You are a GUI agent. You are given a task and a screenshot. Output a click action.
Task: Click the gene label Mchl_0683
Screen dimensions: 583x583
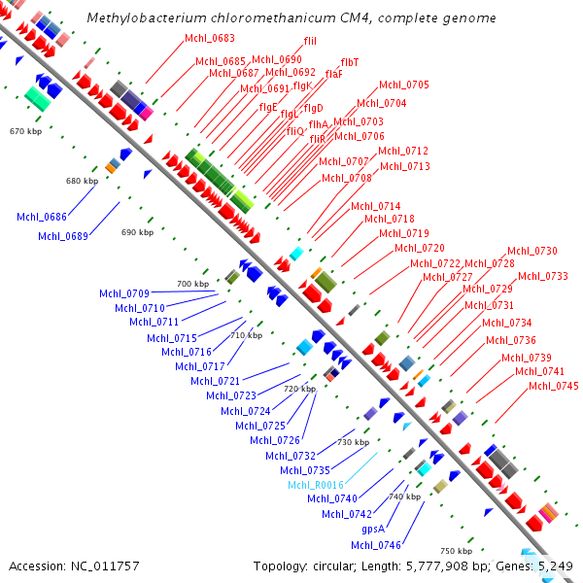[209, 38]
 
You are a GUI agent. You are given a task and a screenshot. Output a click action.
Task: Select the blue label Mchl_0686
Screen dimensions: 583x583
[42, 217]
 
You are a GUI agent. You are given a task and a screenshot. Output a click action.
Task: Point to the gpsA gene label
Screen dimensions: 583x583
[373, 530]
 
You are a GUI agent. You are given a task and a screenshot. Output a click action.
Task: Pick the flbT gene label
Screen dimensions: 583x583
[350, 62]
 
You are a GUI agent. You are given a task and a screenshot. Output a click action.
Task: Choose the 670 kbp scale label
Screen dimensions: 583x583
[25, 130]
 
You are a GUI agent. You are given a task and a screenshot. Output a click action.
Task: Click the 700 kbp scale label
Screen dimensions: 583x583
[192, 284]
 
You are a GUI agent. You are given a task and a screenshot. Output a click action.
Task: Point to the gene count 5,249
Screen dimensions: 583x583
[554, 566]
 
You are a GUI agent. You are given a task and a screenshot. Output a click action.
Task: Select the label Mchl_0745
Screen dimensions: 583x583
[554, 387]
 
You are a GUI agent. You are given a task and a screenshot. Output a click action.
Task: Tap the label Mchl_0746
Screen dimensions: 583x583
[376, 545]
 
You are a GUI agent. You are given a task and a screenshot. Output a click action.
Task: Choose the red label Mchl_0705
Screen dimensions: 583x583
[404, 86]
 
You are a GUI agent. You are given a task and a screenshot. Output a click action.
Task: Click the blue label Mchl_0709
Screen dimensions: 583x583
[124, 293]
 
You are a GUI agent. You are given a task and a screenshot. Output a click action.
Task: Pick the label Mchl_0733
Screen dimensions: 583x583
[543, 276]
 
